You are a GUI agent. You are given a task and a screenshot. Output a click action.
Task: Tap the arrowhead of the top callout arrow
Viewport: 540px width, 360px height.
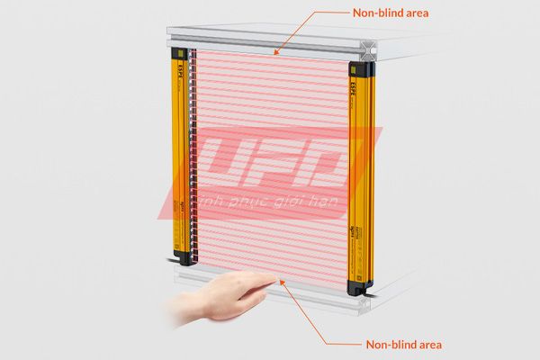coord(278,54)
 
